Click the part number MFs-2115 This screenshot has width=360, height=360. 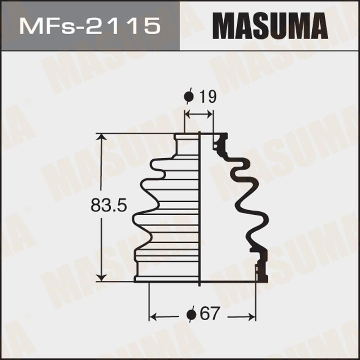click(x=89, y=26)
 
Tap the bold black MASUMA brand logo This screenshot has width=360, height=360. click(x=270, y=26)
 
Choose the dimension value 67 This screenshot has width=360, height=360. click(x=210, y=314)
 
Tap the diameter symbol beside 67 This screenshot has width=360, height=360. click(x=191, y=314)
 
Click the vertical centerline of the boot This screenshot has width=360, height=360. click(x=200, y=209)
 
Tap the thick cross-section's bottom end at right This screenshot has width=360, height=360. click(x=262, y=277)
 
